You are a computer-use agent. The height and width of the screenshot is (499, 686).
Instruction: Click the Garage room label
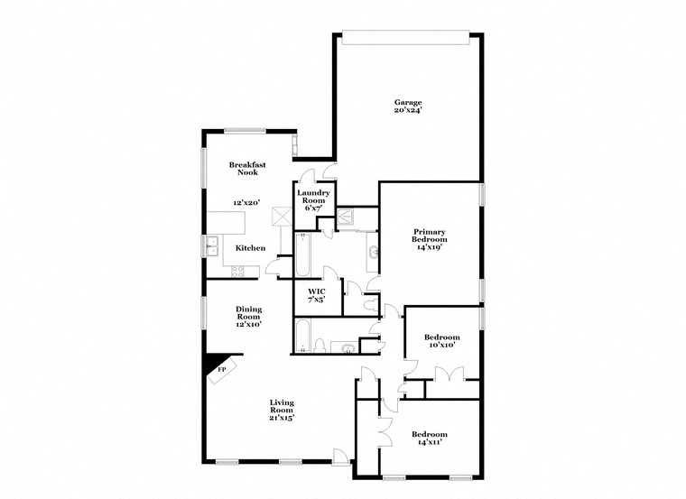click(408, 102)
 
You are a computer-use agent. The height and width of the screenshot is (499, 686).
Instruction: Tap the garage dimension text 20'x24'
click(408, 110)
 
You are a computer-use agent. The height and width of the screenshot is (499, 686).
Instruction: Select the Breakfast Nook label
click(245, 168)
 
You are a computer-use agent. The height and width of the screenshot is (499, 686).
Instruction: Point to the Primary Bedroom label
click(430, 236)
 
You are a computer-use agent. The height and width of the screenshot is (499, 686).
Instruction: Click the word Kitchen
click(250, 247)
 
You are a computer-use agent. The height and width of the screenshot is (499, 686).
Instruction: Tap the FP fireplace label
click(221, 368)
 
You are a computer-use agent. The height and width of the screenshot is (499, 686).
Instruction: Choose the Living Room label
click(283, 406)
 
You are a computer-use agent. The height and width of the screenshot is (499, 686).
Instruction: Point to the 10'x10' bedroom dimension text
click(441, 345)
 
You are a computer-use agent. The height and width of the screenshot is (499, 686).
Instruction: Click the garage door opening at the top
click(407, 37)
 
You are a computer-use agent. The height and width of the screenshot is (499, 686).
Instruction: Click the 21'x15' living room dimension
click(283, 418)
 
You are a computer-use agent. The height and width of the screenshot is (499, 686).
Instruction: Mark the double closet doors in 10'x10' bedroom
click(449, 374)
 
